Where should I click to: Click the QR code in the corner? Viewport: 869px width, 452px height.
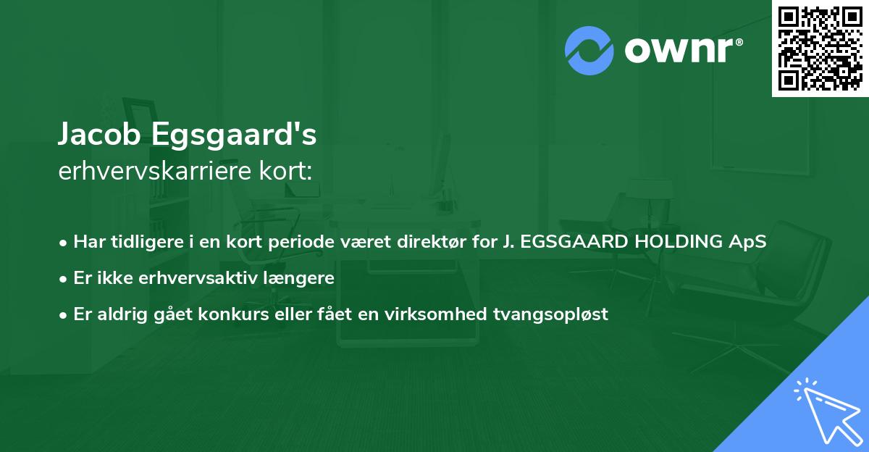coord(820,48)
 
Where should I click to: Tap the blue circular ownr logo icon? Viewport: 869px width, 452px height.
coord(589,51)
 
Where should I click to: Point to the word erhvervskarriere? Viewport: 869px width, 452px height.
coord(151,171)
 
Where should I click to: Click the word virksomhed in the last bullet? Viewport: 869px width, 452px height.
coord(456,314)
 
